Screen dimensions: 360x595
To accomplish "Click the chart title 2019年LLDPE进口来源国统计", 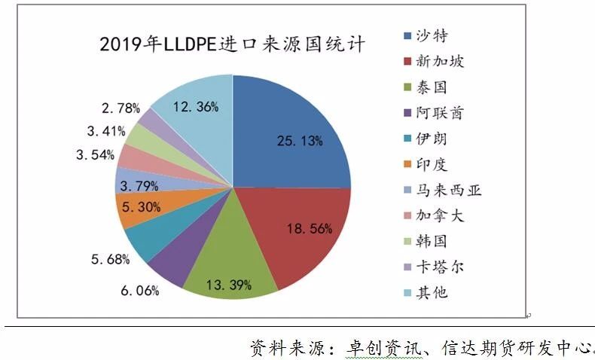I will coord(233,44).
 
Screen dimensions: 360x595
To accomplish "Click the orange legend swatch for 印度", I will coord(407,163).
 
